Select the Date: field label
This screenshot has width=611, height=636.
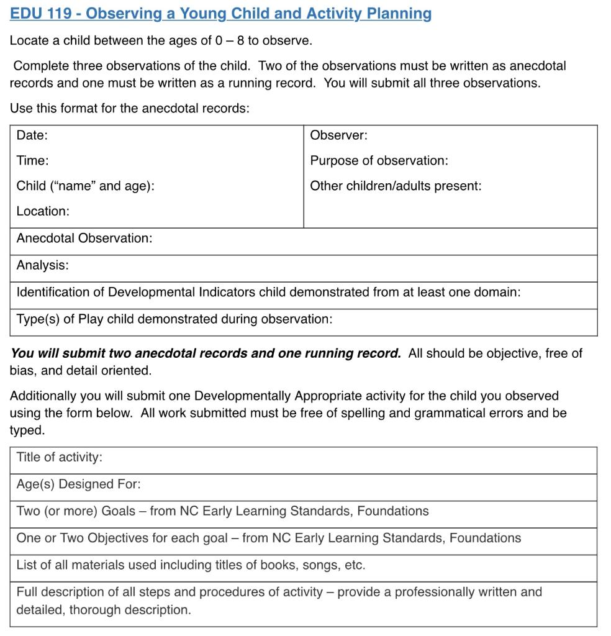coord(32,135)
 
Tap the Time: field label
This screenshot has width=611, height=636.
coord(32,161)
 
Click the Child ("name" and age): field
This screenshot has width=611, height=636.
coord(85,186)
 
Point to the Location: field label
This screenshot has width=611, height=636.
coord(43,211)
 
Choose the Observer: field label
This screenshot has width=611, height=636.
coord(338,135)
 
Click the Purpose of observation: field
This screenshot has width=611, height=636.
coord(379,161)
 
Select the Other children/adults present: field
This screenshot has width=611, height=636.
coord(396,186)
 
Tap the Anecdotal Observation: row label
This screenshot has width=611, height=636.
coord(84,238)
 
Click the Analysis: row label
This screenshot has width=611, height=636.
coord(42,265)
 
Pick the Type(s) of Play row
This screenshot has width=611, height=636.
coord(174,319)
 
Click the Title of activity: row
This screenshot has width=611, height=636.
coord(59,457)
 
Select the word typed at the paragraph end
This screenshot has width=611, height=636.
coord(25,430)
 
